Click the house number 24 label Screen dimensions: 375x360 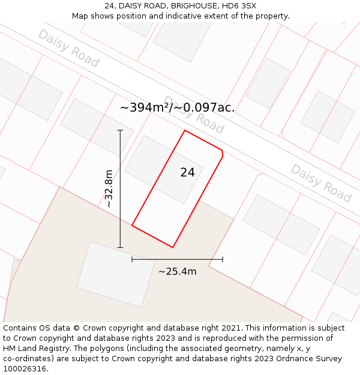187,172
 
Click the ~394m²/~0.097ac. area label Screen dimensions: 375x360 178,107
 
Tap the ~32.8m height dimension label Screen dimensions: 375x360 109,188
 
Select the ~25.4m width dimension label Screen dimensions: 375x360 177,271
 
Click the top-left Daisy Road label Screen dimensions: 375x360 68,48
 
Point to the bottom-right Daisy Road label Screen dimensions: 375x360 320,182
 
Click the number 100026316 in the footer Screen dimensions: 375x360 25,369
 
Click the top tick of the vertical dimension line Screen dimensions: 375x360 120,130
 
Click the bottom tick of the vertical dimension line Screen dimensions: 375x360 120,247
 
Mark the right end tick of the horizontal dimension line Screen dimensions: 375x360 223,259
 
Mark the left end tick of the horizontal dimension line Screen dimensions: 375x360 132,259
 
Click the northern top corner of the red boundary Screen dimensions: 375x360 185,130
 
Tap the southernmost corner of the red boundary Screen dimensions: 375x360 173,247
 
